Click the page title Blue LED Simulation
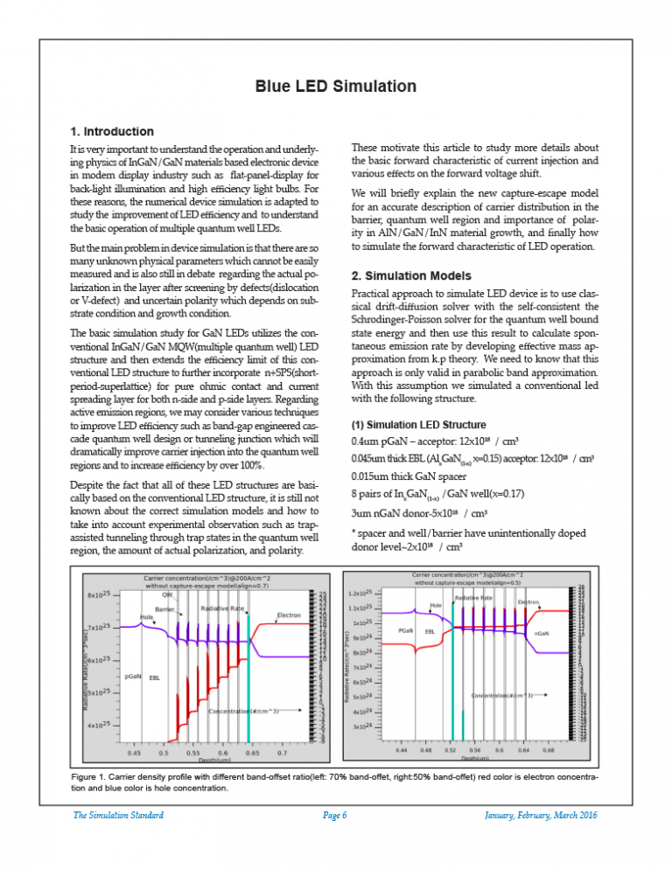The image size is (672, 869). [x=335, y=87]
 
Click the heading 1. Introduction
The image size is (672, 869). [x=111, y=131]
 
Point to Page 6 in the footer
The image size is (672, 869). [x=335, y=815]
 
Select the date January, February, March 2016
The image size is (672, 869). [x=540, y=815]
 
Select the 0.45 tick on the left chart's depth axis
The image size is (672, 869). [x=135, y=752]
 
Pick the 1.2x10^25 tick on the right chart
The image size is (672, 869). [x=361, y=592]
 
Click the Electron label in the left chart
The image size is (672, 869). [x=289, y=615]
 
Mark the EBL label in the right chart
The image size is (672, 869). [x=430, y=630]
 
